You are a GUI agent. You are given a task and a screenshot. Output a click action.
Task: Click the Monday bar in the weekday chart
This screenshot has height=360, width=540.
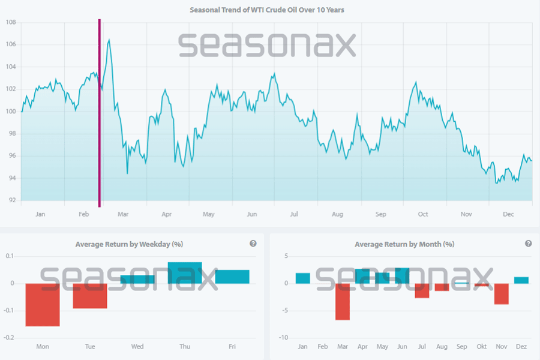(x=42, y=304)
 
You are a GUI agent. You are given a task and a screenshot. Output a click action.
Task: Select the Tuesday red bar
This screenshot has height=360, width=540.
(x=90, y=296)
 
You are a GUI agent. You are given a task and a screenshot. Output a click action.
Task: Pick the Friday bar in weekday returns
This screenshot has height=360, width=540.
(x=232, y=277)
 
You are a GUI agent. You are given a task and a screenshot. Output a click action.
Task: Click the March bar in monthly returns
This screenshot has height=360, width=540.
(x=343, y=301)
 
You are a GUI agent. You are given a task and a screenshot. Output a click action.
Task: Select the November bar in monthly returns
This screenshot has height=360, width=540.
(x=502, y=294)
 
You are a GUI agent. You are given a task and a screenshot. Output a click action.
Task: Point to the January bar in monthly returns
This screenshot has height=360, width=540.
(x=303, y=278)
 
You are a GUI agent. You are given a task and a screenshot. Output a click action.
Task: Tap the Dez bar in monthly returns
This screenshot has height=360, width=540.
(x=521, y=280)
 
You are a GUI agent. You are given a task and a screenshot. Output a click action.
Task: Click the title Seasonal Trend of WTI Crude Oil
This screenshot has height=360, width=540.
(x=267, y=10)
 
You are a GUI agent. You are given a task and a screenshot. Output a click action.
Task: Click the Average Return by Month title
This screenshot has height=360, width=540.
(x=404, y=244)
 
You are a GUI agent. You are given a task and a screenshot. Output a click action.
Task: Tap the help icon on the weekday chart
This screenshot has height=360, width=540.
(x=253, y=244)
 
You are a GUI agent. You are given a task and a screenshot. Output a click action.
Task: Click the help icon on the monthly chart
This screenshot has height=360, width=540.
(x=529, y=244)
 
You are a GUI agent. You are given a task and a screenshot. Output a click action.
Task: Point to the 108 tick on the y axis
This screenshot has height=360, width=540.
(x=10, y=22)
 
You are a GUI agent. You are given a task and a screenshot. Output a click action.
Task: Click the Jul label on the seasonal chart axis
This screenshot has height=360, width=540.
(x=294, y=214)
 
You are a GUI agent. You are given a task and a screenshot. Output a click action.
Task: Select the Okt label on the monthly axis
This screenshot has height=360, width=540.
(x=482, y=346)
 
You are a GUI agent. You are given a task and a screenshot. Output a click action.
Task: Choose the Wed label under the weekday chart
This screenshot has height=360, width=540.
(x=137, y=346)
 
